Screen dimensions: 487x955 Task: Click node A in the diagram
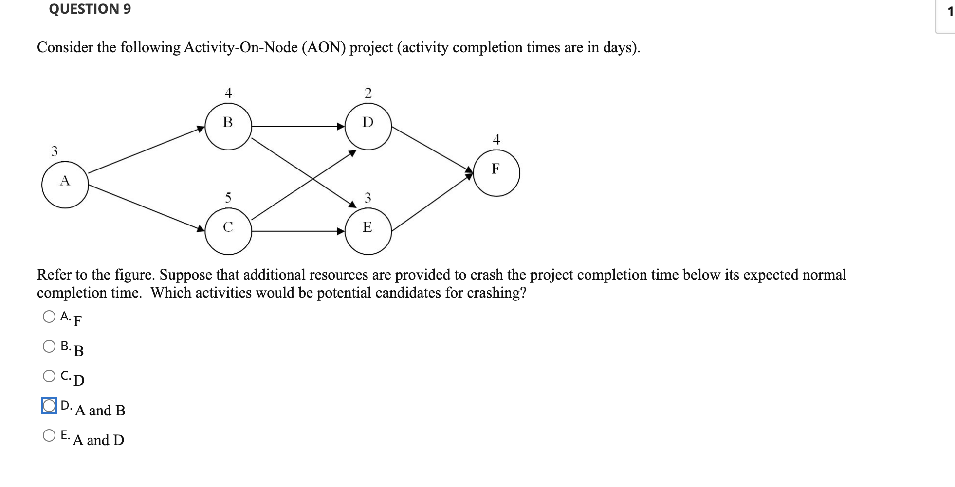65,185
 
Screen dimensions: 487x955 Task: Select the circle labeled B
228,126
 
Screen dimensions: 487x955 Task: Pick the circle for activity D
368,126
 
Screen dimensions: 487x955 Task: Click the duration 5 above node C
228,198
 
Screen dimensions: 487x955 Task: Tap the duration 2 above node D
368,93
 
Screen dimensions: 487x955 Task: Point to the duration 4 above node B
228,93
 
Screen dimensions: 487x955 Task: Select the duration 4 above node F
496,140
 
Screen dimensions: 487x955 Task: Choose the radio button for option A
49,317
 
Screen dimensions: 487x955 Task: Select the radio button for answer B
49,346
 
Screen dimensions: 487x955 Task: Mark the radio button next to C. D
49,376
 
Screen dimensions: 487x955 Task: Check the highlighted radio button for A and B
49,406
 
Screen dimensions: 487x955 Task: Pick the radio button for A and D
49,435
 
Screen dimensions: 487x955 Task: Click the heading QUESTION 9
90,9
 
